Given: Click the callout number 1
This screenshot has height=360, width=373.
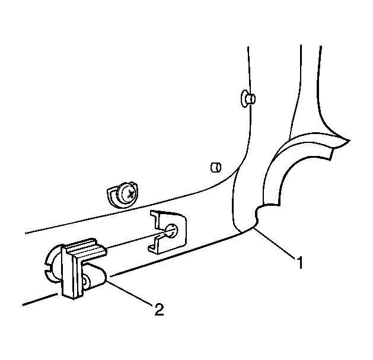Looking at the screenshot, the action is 299,262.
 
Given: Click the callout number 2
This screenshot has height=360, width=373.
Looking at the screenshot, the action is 159,310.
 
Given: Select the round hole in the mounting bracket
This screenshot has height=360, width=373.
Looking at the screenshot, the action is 171,230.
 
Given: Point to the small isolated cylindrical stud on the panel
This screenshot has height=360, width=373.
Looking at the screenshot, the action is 216,167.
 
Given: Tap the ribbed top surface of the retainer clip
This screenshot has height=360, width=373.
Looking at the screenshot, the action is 85,248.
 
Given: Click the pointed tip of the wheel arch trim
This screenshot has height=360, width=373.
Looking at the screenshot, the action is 349,141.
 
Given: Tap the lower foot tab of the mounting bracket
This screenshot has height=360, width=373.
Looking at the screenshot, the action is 154,248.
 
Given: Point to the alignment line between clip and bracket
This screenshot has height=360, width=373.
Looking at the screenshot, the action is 138,240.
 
